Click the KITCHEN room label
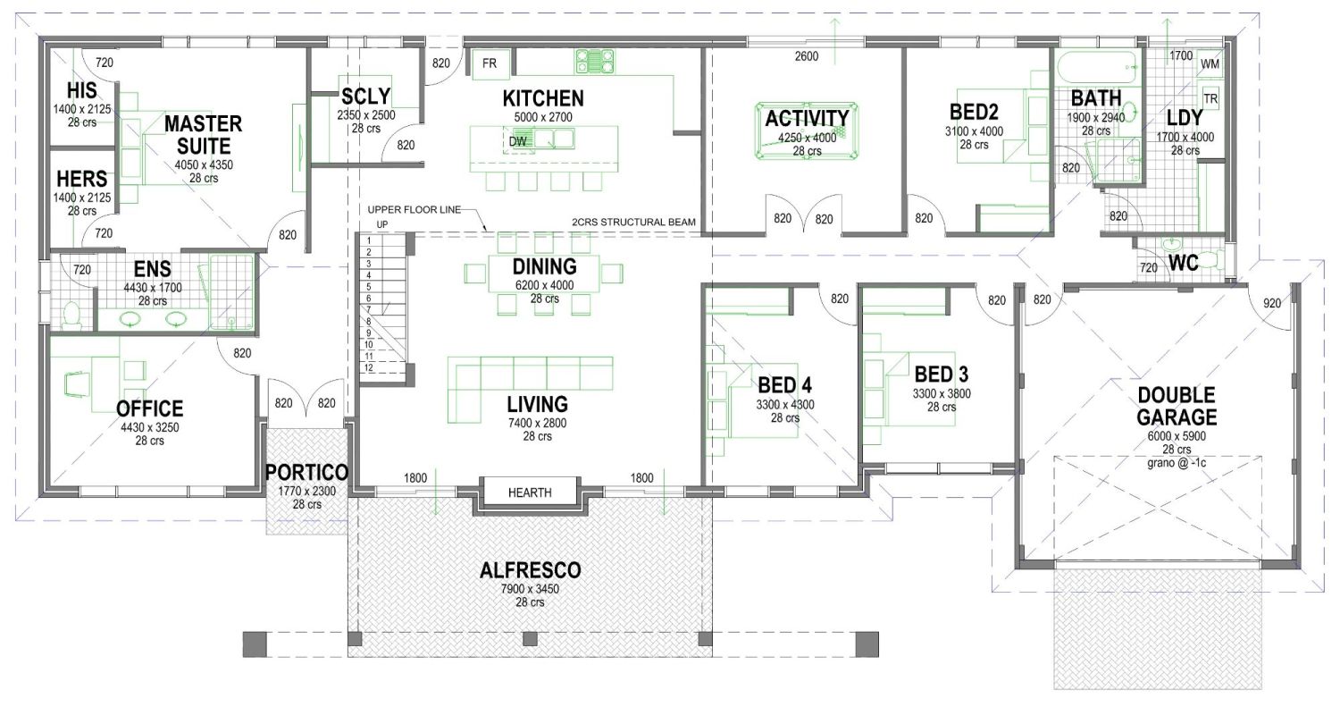tap(542, 98)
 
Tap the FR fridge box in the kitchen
tap(490, 63)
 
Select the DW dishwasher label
tap(518, 140)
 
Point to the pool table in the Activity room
tap(807, 130)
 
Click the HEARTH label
tap(530, 492)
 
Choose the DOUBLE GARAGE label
tap(1177, 406)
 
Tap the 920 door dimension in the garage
tap(1272, 303)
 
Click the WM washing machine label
tap(1210, 64)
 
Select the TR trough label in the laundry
tap(1211, 98)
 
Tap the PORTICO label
tap(306, 472)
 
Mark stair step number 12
tap(368, 367)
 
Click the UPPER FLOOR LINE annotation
tap(414, 210)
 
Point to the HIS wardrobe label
tap(81, 91)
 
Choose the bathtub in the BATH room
tap(1096, 65)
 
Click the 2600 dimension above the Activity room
tap(806, 56)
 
